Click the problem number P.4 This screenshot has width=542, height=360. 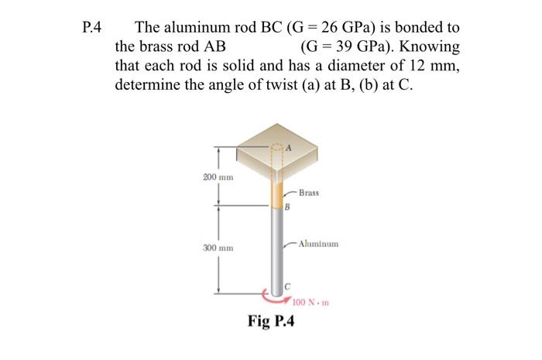[91, 29]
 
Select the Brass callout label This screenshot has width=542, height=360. [308, 192]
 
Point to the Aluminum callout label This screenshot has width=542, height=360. [317, 243]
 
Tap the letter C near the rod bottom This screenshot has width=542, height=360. [286, 285]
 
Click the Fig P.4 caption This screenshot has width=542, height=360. [271, 321]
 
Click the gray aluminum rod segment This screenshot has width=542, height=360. [276, 248]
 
